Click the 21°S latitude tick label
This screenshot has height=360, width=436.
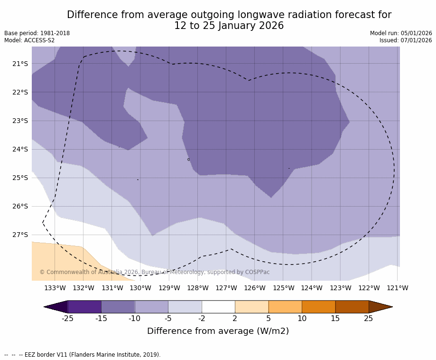(20, 64)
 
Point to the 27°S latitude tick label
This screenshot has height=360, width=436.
(20, 235)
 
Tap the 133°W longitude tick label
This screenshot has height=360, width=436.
(55, 288)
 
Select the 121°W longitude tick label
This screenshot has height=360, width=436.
(397, 288)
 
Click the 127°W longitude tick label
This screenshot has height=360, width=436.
(226, 288)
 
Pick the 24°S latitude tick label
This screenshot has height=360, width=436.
(20, 149)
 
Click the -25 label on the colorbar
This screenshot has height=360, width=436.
(67, 319)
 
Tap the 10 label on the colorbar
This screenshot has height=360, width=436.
(302, 319)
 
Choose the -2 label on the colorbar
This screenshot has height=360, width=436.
(202, 319)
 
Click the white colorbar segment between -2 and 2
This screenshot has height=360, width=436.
(218, 307)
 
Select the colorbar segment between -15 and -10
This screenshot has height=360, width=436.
(118, 307)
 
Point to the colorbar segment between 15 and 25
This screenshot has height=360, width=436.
(352, 307)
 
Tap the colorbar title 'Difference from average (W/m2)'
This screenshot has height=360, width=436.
(218, 331)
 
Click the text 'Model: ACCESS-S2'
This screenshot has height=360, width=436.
(29, 40)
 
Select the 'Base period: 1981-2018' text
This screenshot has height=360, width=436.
(37, 33)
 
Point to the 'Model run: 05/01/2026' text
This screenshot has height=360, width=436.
(401, 33)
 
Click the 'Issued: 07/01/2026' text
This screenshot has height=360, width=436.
(406, 40)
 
